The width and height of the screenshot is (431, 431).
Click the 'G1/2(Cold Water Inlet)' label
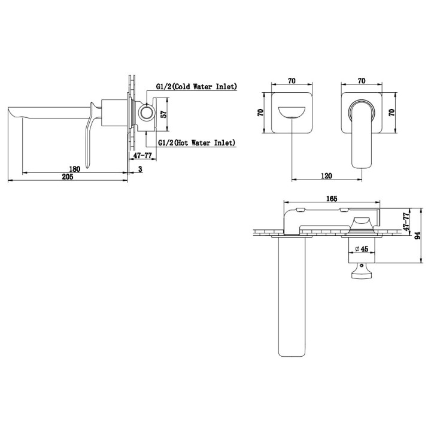pyautogui.click(x=196, y=87)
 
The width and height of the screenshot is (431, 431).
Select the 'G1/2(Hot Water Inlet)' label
pyautogui.click(x=197, y=142)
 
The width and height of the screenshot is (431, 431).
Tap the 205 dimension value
pyautogui.click(x=68, y=177)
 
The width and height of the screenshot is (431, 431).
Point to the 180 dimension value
pyautogui.click(x=74, y=169)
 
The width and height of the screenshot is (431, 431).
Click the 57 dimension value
pyautogui.click(x=163, y=114)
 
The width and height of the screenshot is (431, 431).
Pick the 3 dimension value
pyautogui.click(x=140, y=169)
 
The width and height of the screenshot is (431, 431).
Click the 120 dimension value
pyautogui.click(x=326, y=175)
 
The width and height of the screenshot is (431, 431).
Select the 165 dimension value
pyautogui.click(x=332, y=199)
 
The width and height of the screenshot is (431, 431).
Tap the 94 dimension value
pyautogui.click(x=418, y=235)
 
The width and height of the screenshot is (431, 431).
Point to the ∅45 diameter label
pyautogui.click(x=362, y=249)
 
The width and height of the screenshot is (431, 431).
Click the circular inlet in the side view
pyautogui.click(x=146, y=112)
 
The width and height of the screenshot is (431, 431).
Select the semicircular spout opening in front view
pyautogui.click(x=292, y=113)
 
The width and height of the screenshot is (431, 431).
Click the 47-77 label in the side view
pyautogui.click(x=142, y=155)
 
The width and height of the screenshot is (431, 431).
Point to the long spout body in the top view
pyautogui.click(x=292, y=297)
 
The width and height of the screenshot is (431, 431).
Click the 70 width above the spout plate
pyautogui.click(x=292, y=81)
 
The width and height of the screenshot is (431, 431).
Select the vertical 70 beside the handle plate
pyautogui.click(x=392, y=113)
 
